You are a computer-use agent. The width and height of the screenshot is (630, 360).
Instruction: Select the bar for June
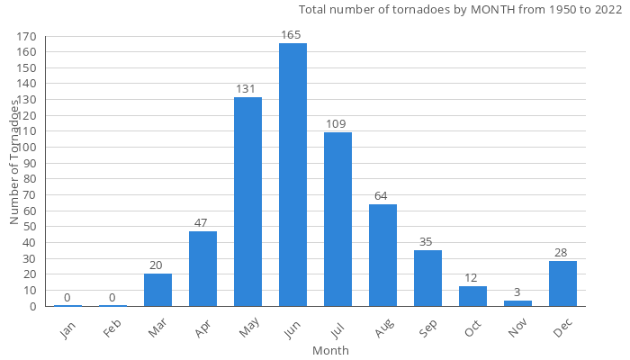click(292, 175)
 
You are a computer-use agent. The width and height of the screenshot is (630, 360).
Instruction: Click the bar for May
click(247, 202)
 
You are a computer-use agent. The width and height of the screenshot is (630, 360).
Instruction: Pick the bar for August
click(382, 255)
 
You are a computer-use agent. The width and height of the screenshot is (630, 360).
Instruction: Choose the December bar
click(562, 283)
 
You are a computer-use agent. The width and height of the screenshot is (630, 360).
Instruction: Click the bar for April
click(202, 268)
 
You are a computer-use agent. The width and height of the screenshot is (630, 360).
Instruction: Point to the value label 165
click(292, 35)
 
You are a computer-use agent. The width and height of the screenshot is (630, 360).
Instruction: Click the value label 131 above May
click(247, 89)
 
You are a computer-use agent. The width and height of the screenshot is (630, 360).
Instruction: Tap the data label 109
click(337, 124)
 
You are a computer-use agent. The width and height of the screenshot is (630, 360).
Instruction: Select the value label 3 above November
click(517, 292)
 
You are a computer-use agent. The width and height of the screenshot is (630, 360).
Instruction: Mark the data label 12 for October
click(472, 278)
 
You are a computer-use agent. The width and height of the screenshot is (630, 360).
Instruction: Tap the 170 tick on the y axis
click(27, 37)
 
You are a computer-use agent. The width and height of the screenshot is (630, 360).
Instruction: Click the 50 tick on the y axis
click(30, 227)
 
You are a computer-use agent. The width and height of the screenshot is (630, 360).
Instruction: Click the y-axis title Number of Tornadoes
click(15, 162)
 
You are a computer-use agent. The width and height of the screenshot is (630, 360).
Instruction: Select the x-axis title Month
click(330, 350)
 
